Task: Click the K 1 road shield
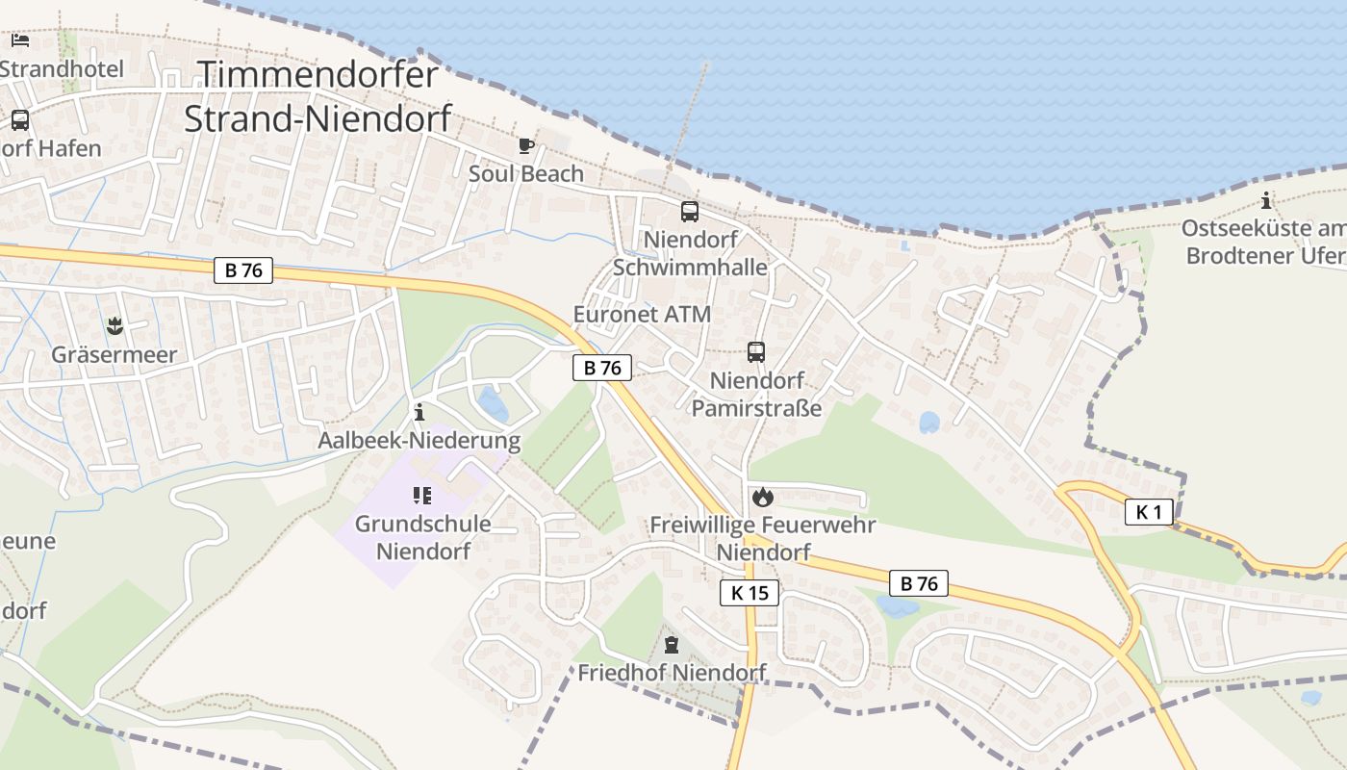(x=1149, y=512)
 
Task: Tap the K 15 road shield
(x=750, y=593)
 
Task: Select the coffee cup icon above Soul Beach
(x=525, y=146)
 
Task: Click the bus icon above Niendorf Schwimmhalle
(x=690, y=212)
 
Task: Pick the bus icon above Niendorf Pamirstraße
(x=756, y=352)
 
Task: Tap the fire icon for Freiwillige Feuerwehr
(x=763, y=497)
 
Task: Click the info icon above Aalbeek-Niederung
(x=419, y=414)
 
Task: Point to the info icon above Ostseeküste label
(x=1265, y=201)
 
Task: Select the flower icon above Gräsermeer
(x=114, y=326)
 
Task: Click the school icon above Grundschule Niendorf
(x=421, y=496)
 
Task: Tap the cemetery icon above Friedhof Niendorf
(x=672, y=645)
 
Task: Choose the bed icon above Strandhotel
(x=20, y=40)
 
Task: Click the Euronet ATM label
(x=642, y=315)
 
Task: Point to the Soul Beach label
(x=525, y=174)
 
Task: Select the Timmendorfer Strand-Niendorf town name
(x=318, y=96)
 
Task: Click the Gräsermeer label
(x=114, y=354)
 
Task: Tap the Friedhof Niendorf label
(x=672, y=673)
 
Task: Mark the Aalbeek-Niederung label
(x=419, y=442)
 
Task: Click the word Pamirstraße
(x=757, y=408)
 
